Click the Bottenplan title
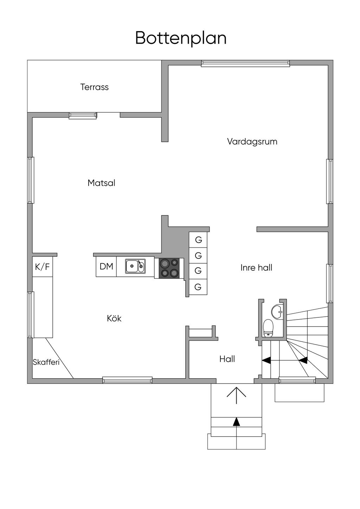pos(181,38)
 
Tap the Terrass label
pos(94,87)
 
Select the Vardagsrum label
pos(252,142)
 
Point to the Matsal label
pos(101,183)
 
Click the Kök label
pos(114,318)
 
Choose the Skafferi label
pos(46,362)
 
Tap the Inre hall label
pos(256,268)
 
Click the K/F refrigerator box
pos(42,267)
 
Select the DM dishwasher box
pos(106,267)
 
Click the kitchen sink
pos(135,266)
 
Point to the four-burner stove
pos(169,268)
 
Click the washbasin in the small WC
pos(277,311)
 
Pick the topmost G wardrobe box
pos(198,240)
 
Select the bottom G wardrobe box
pos(198,287)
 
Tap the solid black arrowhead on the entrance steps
pos(237,421)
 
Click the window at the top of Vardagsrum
pos(245,63)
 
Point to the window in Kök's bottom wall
pos(127,380)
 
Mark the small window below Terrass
pos(83,115)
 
